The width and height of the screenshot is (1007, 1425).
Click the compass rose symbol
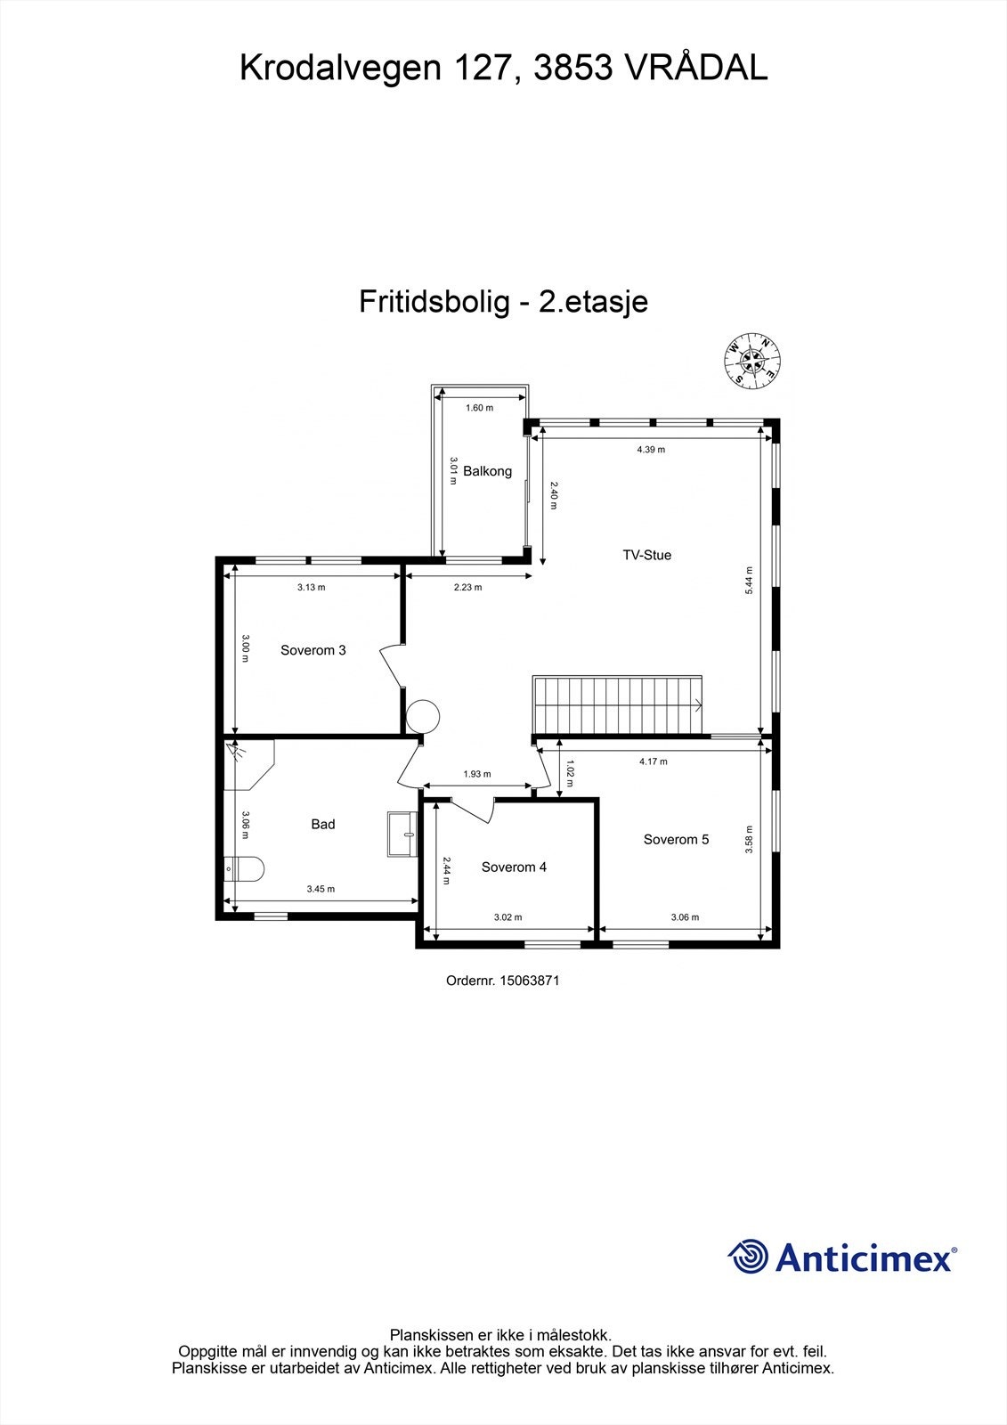click(x=753, y=361)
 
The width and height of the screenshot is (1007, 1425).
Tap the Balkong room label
click(x=487, y=471)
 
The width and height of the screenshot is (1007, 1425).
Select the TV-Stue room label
click(x=646, y=555)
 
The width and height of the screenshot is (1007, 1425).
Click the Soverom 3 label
click(x=313, y=650)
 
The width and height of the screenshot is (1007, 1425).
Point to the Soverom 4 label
click(x=514, y=867)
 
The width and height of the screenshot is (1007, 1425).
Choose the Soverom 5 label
click(x=676, y=839)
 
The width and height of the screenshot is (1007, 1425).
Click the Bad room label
click(x=322, y=825)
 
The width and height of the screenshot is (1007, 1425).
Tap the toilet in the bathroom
click(x=243, y=868)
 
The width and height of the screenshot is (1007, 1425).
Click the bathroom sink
click(x=402, y=834)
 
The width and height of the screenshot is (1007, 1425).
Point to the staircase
click(x=618, y=704)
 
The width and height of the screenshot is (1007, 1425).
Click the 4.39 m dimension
click(x=650, y=450)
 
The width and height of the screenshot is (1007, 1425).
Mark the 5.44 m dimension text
click(x=749, y=581)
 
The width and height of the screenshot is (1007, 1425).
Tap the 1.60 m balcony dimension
click(x=479, y=408)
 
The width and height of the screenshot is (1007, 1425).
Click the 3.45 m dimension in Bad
click(x=321, y=889)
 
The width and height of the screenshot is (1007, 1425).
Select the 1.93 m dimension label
click(x=476, y=774)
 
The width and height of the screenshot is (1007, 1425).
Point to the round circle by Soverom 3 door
click(x=422, y=716)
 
